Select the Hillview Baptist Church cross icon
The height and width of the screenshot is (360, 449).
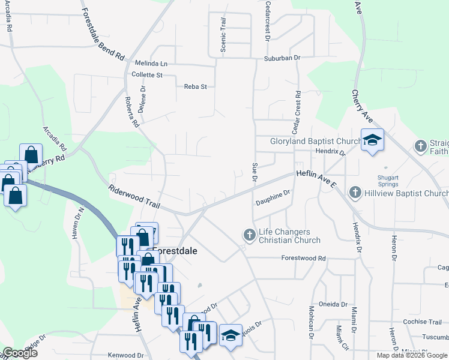pyautogui.click(x=355, y=193)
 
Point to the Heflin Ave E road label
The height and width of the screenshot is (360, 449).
pyautogui.click(x=316, y=179)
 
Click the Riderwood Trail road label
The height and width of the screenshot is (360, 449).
pyautogui.click(x=133, y=197)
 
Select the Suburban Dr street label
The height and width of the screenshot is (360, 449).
pyautogui.click(x=282, y=58)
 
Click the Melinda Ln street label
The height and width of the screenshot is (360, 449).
pyautogui.click(x=151, y=63)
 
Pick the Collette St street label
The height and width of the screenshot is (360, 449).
pyautogui.click(x=147, y=75)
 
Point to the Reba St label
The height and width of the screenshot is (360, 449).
pyautogui.click(x=195, y=86)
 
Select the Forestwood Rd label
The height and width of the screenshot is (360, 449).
pyautogui.click(x=304, y=258)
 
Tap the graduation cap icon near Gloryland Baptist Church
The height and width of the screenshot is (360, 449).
pyautogui.click(x=372, y=140)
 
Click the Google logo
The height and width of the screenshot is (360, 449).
pyautogui.click(x=20, y=353)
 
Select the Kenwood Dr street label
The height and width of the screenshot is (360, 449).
pyautogui.click(x=125, y=355)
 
